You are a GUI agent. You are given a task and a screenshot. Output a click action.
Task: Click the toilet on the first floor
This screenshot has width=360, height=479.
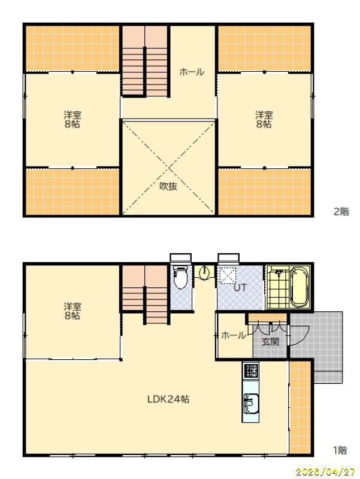180,277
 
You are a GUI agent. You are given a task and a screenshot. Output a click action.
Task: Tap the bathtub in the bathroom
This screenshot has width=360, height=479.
299,287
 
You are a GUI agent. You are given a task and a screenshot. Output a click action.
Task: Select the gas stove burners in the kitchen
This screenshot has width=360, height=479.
250,371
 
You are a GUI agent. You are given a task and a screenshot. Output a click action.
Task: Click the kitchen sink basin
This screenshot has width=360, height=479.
250,404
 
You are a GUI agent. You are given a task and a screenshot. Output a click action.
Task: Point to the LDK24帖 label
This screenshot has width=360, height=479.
168,399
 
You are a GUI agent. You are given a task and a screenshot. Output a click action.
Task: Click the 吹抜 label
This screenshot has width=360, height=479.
168,186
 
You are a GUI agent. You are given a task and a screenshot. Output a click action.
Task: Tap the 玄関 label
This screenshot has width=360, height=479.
271,341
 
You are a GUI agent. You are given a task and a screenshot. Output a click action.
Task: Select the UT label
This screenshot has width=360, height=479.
240,287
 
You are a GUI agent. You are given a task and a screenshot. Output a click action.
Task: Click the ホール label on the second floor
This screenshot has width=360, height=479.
192,72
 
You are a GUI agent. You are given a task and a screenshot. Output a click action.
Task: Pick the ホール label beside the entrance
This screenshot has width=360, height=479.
233,335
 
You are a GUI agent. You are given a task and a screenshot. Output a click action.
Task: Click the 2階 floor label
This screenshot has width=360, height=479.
341,211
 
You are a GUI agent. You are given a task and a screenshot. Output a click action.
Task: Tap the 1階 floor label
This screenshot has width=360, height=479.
340,450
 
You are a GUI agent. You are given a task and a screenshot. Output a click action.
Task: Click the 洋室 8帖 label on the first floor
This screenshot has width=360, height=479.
72,311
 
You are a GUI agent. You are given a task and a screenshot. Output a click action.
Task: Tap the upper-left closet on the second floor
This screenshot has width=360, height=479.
72,48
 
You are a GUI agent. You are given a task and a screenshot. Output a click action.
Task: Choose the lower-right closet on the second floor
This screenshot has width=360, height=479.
265,192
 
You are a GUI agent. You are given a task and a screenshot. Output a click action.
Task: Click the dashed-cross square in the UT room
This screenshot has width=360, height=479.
227,275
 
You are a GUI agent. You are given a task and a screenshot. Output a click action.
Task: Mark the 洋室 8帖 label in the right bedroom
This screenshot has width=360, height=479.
264,119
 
